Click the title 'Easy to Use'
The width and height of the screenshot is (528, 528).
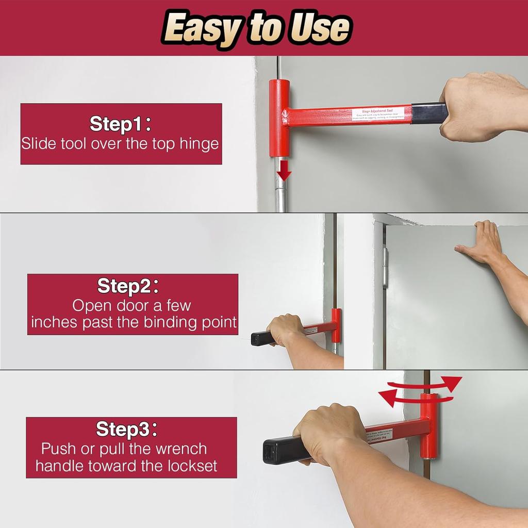coord(256,28)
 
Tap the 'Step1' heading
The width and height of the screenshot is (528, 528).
coord(121,124)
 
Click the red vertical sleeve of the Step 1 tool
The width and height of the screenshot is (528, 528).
coord(279,118)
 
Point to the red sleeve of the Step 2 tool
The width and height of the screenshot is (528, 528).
coord(336,326)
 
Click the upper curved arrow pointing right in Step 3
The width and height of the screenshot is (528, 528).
coord(428,384)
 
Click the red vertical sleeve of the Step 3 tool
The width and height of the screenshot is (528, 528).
coord(428,426)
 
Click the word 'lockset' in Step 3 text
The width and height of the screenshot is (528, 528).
coord(192,466)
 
